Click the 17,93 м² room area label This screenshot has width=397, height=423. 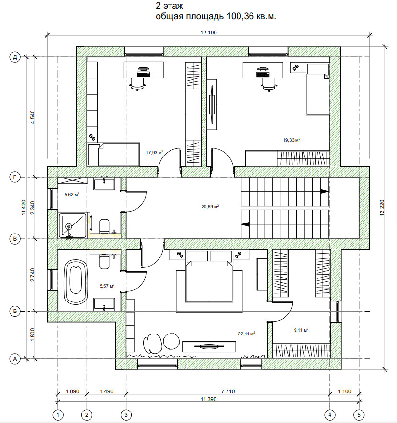pos(155,153)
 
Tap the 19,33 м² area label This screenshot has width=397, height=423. pos(292,140)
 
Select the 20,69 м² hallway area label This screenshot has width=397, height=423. pos(210,207)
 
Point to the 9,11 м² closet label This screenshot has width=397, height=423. pos(301,330)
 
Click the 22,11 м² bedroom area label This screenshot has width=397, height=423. pos(247,334)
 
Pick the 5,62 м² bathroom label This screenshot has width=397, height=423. pos(72,194)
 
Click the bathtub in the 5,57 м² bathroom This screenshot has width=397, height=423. pos(76,282)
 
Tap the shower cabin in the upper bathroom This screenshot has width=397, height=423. pos(73,225)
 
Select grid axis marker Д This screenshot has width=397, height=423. pos(15,57)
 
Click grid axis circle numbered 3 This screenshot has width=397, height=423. pos(126,415)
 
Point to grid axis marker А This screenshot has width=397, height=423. pos(15,359)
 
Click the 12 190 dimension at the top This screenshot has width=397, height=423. pos(208,33)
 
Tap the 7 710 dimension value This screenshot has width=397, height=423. pos(228,391)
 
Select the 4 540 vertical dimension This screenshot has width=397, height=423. pos(33,117)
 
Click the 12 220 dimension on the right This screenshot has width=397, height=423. pos(382,208)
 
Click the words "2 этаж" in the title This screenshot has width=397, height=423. pos(170,6)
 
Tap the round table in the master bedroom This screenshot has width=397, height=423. pos(171,341)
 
